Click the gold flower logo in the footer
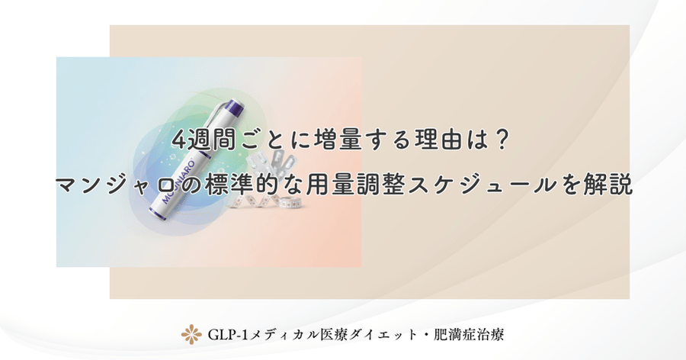tap(191, 334)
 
